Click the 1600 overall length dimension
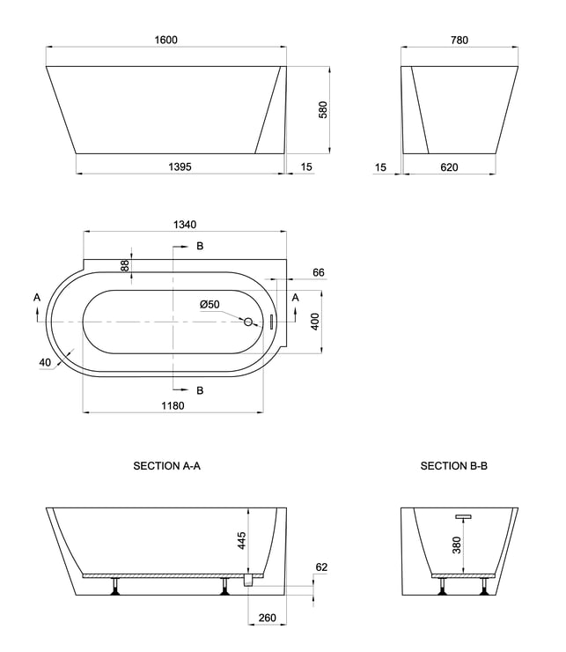point(165,40)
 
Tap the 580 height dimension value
point(323,110)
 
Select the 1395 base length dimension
point(180,167)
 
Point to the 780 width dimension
point(459,40)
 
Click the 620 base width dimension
point(449,167)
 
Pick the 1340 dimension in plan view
point(185,225)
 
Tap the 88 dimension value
point(125,266)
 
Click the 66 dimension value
point(319,272)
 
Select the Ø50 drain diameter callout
point(209,304)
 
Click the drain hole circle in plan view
point(248,322)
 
